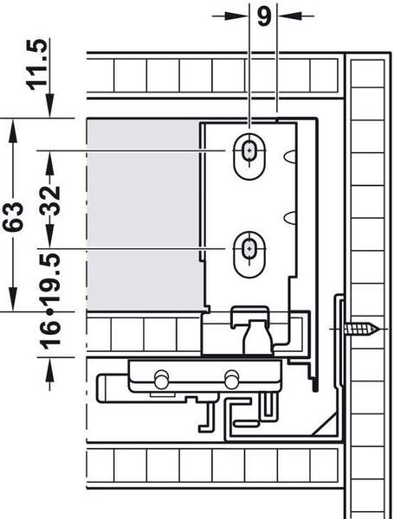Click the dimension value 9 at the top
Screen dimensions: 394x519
coord(264,16)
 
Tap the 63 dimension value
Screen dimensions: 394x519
coord(13,216)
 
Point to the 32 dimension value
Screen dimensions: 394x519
coord(50,201)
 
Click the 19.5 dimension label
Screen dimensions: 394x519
coord(50,278)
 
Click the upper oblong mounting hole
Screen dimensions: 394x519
coord(249,157)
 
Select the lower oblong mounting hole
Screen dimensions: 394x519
coord(249,254)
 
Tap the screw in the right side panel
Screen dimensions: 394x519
coord(361,329)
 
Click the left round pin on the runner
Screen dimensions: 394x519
coord(161,379)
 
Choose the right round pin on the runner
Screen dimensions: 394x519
coord(231,379)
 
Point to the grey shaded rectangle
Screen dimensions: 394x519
coord(144,215)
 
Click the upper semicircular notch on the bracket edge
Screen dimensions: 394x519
coord(290,157)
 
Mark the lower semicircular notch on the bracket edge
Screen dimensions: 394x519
coord(290,216)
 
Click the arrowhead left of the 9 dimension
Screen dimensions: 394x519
coord(236,16)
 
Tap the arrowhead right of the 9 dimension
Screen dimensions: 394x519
coord(289,16)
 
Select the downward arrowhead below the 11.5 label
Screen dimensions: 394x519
coord(49,105)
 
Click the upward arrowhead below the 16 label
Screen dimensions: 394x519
coord(49,369)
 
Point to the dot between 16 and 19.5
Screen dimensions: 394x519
coord(50,311)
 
